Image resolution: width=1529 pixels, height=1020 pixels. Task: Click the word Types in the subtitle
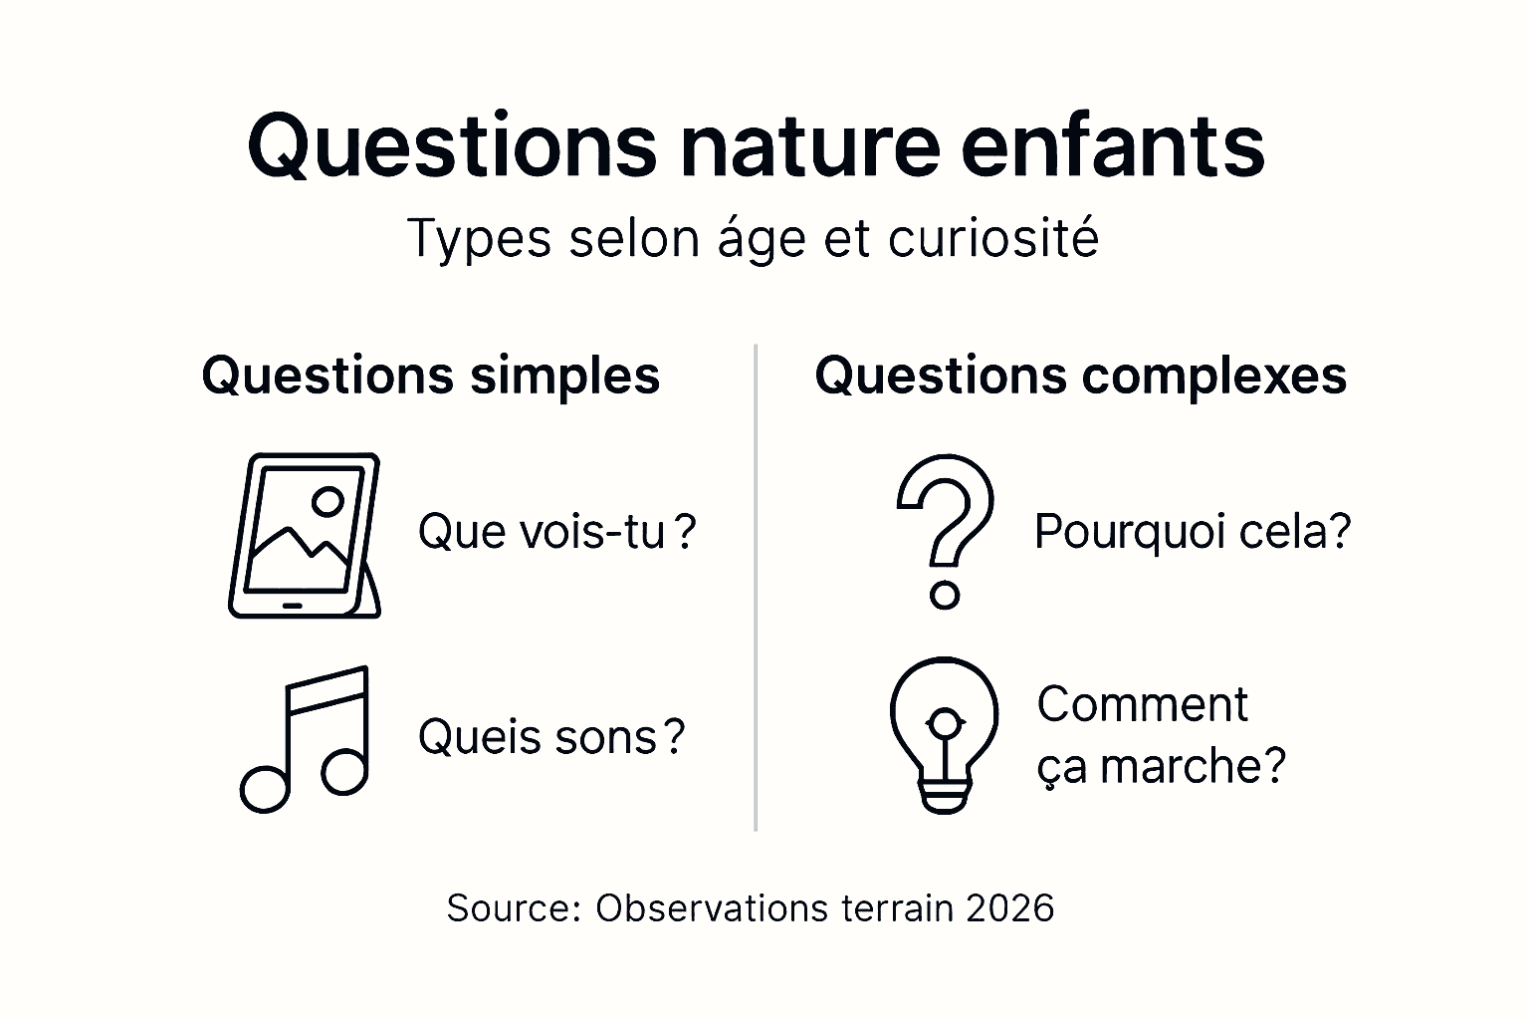tap(479, 240)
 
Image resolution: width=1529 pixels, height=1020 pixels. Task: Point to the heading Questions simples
tap(430, 377)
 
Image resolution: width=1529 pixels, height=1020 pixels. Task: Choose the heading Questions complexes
tap(1080, 377)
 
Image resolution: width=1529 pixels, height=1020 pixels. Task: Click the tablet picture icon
tap(304, 536)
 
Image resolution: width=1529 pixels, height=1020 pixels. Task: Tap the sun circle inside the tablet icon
tap(328, 501)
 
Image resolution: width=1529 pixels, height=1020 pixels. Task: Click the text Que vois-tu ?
tap(555, 532)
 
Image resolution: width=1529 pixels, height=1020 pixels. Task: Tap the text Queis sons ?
tap(550, 738)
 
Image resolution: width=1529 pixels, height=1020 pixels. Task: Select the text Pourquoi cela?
tap(1193, 532)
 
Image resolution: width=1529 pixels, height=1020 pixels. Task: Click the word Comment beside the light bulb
tap(1142, 705)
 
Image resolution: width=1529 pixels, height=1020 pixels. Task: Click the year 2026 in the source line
tap(1009, 908)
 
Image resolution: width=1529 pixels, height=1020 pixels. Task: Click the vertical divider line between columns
tap(756, 588)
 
